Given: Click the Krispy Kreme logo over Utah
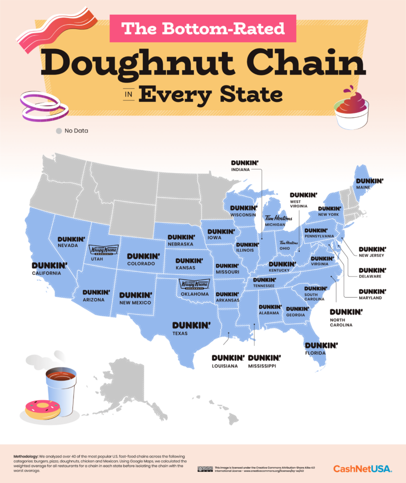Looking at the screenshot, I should tap(104, 250).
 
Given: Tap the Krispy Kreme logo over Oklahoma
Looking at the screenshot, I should tap(195, 285).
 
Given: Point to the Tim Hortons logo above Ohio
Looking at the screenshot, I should tap(289, 243).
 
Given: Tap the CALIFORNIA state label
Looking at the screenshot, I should tap(46, 273).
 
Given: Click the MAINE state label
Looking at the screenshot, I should tap(363, 187).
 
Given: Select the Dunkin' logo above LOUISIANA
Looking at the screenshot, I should tap(228, 357).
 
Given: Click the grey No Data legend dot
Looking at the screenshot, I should tap(59, 130).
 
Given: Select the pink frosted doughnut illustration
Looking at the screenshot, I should tap(42, 409).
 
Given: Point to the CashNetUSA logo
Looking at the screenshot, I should tap(362, 468).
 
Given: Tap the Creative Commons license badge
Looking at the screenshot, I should tap(205, 468).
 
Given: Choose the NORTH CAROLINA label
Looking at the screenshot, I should tap(341, 322).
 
